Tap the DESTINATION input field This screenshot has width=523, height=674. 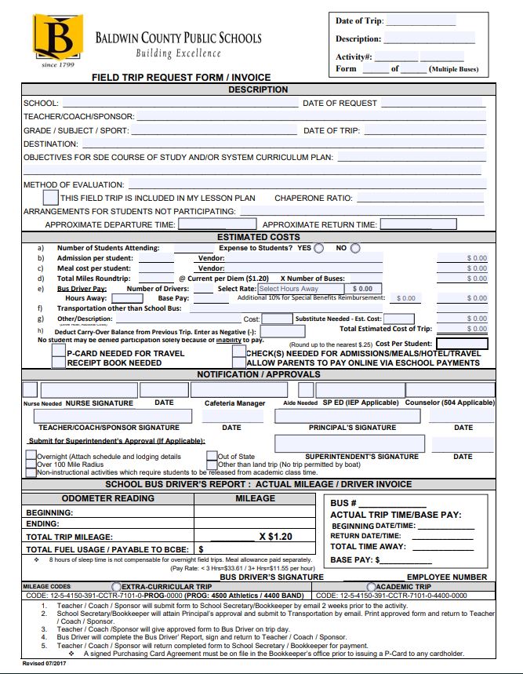(282, 144)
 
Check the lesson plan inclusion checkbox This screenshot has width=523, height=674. (50, 198)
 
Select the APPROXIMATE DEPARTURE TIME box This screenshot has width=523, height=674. (206, 224)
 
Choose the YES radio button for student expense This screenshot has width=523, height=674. (318, 249)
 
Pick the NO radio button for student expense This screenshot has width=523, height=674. (355, 249)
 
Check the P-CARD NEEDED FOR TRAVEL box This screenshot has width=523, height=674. (58, 353)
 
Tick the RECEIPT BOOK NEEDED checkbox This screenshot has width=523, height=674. (58, 363)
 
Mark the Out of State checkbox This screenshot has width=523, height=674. (212, 456)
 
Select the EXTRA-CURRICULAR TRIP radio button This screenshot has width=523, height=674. (117, 587)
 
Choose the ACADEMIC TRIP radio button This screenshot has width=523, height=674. (371, 587)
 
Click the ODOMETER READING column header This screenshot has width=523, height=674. (107, 498)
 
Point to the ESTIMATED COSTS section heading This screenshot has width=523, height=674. (258, 237)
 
